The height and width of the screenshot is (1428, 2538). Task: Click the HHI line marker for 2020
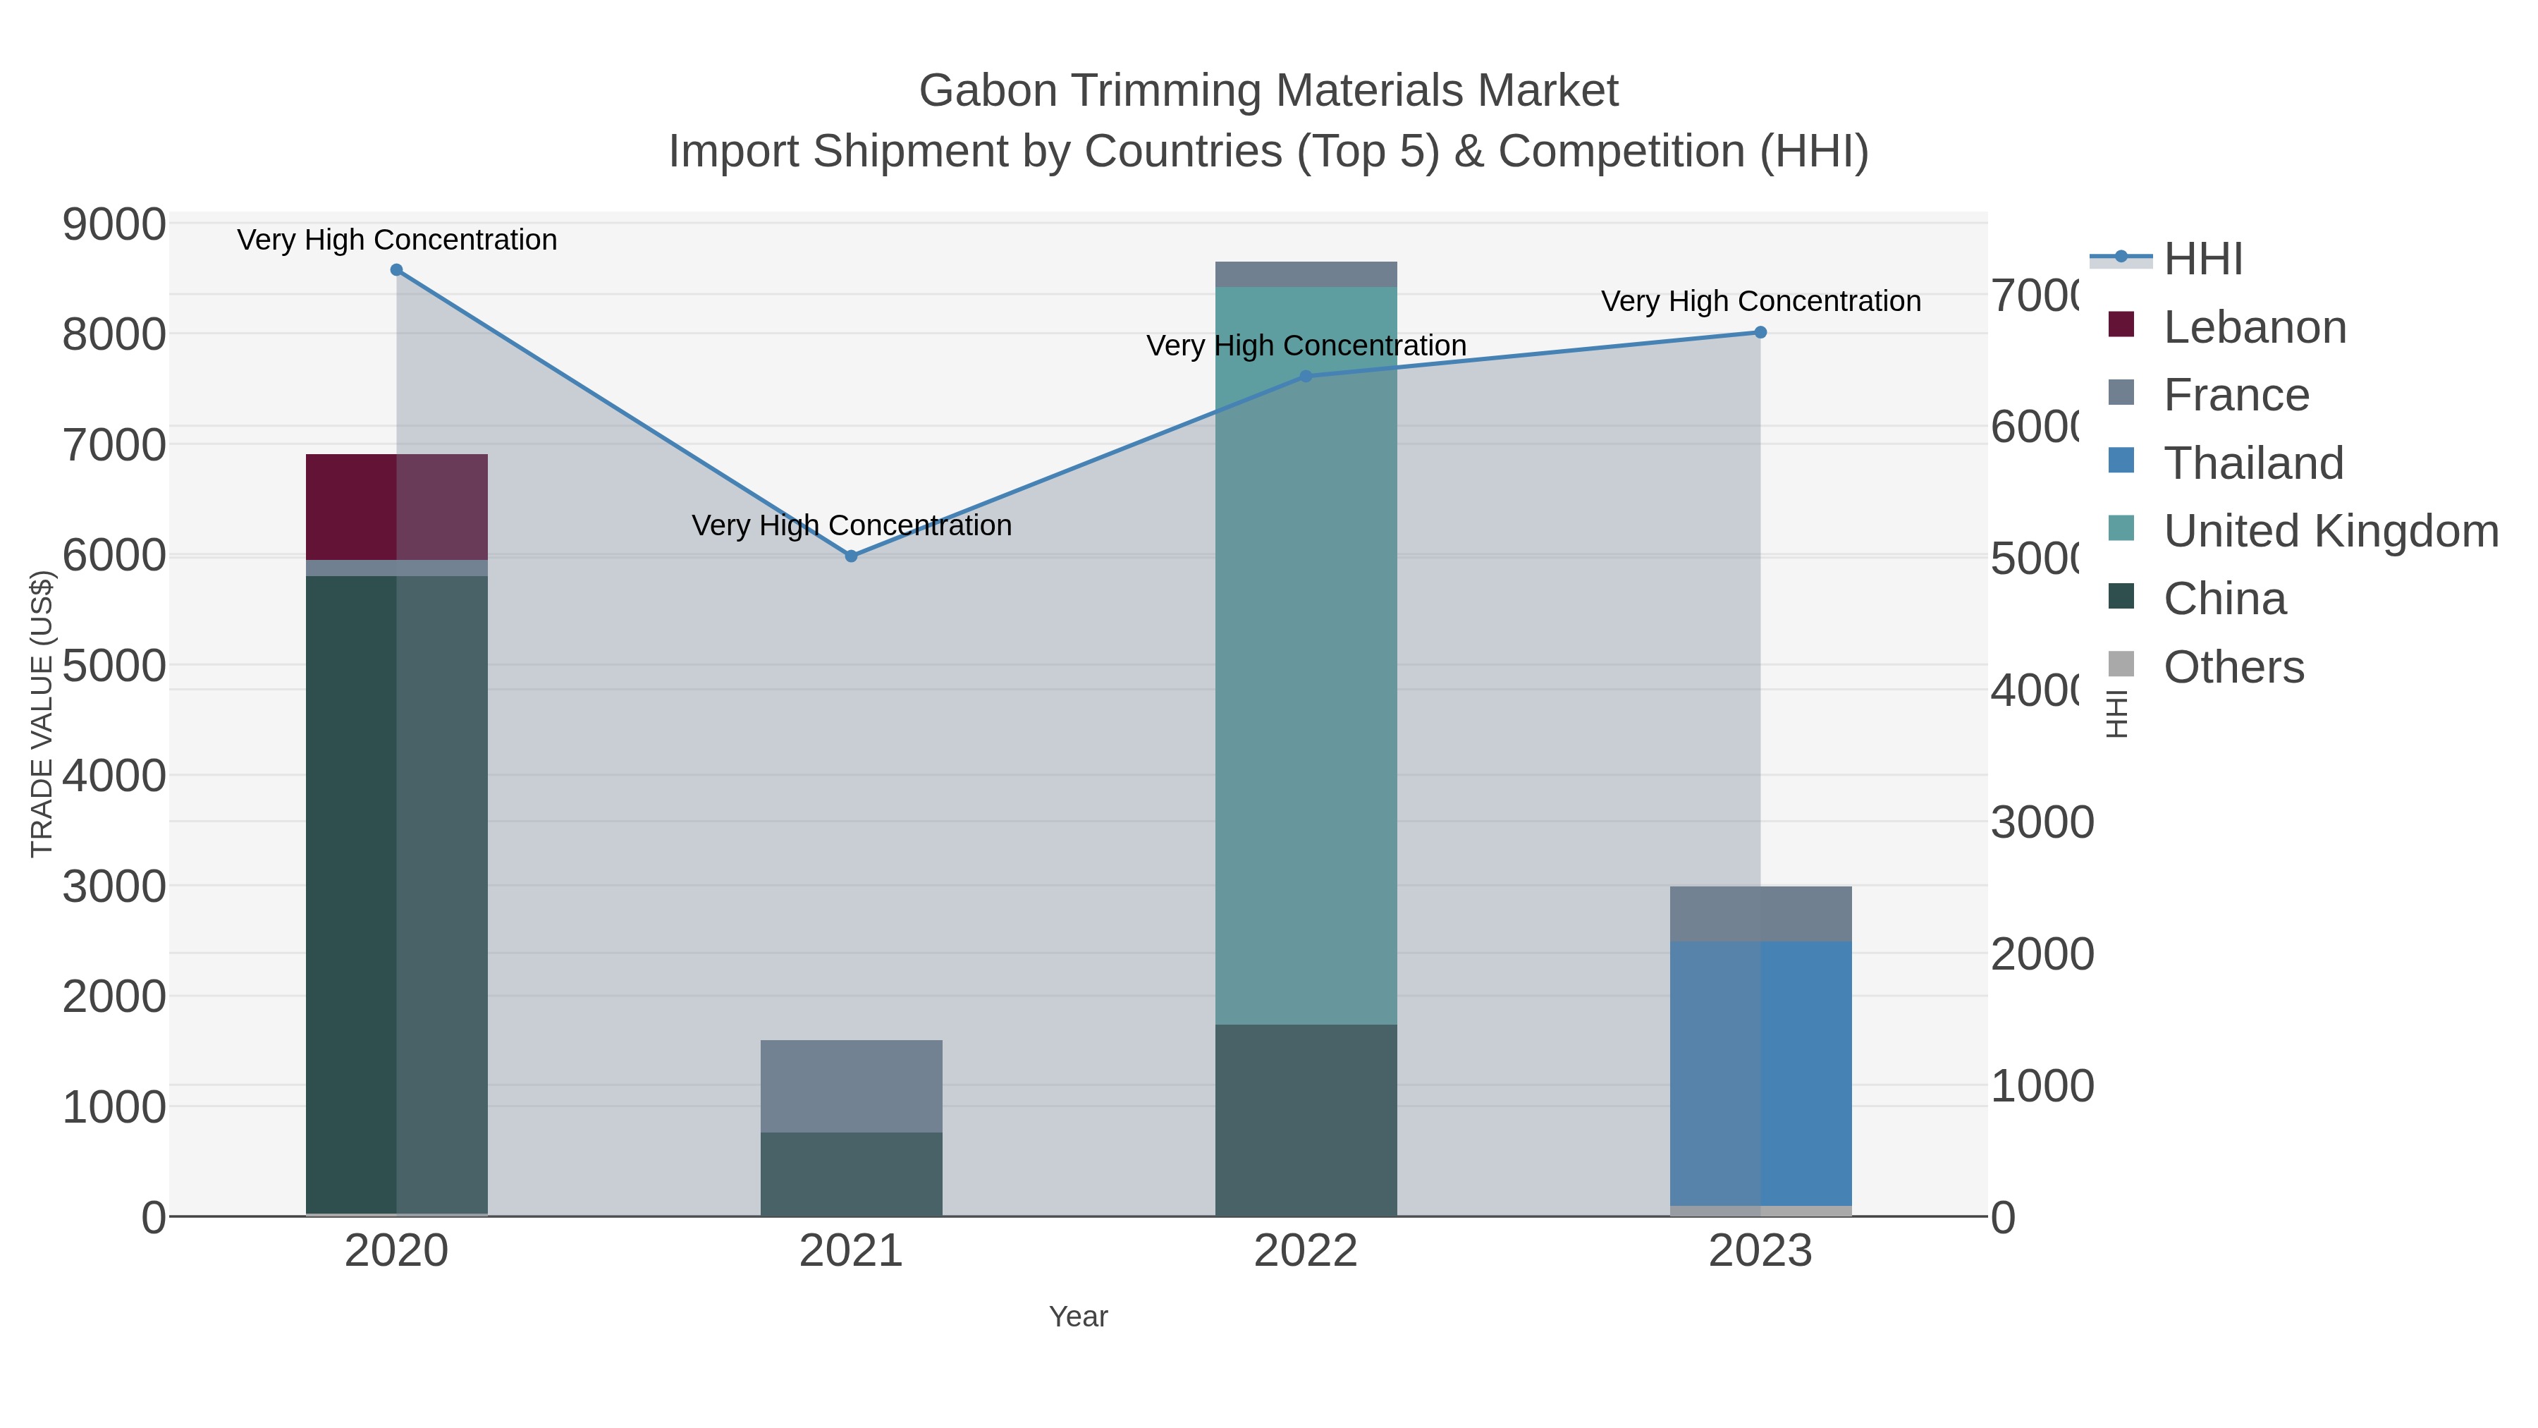pos(396,269)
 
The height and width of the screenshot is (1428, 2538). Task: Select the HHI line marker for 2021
pos(851,556)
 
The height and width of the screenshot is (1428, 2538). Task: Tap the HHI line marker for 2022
pos(1306,375)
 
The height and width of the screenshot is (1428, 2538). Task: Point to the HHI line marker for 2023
pos(1760,332)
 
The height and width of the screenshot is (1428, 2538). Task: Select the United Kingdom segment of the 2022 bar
pos(1306,655)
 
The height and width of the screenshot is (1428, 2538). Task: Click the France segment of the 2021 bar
pos(851,1085)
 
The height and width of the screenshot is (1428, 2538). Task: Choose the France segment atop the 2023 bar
pos(1760,913)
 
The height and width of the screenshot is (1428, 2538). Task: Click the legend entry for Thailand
pos(2252,463)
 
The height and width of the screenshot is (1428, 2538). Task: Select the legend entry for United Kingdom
pos(2329,531)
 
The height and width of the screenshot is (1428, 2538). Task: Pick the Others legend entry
pos(2233,667)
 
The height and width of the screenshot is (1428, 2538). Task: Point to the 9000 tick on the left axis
pos(114,225)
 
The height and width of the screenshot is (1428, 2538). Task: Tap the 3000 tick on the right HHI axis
pos(2042,823)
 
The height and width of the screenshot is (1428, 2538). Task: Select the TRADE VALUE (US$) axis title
pos(42,714)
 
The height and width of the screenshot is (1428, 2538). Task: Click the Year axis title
pos(1078,1317)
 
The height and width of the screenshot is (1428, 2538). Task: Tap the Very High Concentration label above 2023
pos(1760,302)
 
